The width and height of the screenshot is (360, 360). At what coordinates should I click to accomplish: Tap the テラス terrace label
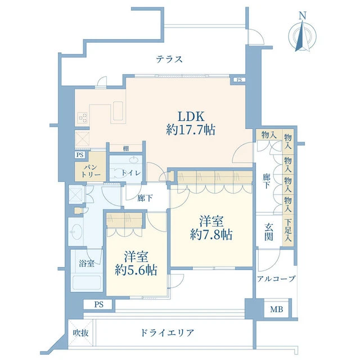(x=169, y=60)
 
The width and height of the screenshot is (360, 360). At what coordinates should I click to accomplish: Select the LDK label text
(x=191, y=116)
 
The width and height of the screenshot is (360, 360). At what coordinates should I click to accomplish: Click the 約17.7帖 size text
(x=191, y=130)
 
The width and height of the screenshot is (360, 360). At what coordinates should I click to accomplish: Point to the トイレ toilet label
(x=131, y=173)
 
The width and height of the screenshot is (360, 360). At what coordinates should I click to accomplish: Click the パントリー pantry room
(x=91, y=166)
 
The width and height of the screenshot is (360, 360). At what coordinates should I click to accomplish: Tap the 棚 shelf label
(x=126, y=148)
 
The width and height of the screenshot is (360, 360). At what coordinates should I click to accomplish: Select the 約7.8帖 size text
(x=211, y=235)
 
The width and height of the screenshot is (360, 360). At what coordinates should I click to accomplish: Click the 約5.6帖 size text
(x=136, y=270)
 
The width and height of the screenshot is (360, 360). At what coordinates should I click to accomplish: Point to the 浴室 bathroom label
(x=87, y=263)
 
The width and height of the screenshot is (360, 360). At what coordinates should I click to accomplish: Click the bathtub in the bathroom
(x=87, y=283)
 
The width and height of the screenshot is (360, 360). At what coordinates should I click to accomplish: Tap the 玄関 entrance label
(x=269, y=232)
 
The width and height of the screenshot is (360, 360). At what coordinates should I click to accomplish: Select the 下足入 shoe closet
(x=288, y=230)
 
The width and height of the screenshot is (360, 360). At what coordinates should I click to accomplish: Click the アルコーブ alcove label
(x=276, y=279)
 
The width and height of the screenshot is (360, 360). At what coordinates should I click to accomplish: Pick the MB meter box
(x=276, y=309)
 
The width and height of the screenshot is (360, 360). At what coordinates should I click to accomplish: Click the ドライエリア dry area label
(x=167, y=332)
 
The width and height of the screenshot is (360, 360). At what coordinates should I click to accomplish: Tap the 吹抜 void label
(x=80, y=333)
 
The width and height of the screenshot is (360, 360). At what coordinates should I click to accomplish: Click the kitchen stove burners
(x=83, y=118)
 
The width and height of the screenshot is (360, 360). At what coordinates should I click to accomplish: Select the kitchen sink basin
(x=118, y=111)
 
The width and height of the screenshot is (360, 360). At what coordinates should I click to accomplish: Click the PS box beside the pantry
(x=80, y=155)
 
